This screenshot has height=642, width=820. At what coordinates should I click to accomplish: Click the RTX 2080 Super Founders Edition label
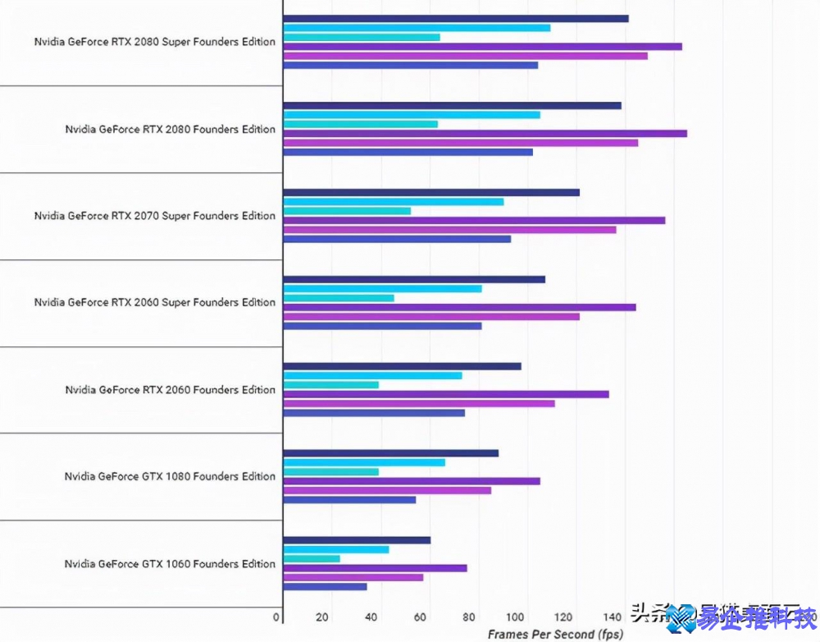tap(154, 42)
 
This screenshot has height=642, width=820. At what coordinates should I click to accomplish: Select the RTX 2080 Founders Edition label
tap(170, 129)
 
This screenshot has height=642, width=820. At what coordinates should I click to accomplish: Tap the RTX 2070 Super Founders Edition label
tap(154, 216)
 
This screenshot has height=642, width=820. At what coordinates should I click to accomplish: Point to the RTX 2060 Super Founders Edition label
tap(154, 303)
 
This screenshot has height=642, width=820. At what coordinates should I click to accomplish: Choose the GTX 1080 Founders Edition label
tap(170, 477)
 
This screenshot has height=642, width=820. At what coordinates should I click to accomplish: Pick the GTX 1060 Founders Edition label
tap(170, 564)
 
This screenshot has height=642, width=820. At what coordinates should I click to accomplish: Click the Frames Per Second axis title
tap(555, 635)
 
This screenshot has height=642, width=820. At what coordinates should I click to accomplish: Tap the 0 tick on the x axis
tap(277, 617)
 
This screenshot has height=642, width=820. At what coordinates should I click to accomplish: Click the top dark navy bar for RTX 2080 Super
tap(455, 18)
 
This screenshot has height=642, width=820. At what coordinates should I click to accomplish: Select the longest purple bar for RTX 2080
tap(485, 133)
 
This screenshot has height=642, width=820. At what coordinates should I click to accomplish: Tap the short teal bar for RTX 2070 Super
tap(347, 211)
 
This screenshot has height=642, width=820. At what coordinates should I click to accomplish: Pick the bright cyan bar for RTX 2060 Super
tap(382, 289)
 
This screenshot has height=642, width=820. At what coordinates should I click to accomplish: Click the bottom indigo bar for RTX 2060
tap(374, 412)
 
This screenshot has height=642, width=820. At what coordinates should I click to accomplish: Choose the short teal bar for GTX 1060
tap(312, 559)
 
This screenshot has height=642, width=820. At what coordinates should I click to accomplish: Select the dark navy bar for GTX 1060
tap(357, 540)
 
